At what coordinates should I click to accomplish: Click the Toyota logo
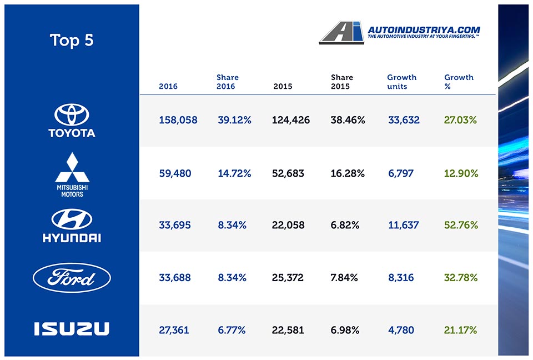72,121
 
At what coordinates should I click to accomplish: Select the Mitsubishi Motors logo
72,174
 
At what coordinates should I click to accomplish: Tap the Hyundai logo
72,226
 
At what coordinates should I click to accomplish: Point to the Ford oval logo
72,278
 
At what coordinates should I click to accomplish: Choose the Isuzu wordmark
72,329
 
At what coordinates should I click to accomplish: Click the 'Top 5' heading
72,41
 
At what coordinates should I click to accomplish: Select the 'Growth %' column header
459,82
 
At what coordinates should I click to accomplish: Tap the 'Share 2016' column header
228,82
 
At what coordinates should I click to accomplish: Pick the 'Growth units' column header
401,82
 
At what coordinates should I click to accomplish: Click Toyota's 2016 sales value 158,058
178,120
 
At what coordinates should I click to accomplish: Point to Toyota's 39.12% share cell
234,120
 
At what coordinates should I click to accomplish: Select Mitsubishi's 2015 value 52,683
288,174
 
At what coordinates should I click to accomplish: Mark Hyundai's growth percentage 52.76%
461,226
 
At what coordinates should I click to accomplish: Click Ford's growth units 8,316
401,278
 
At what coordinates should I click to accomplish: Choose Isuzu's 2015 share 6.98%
345,330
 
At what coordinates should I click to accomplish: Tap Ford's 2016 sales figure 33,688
175,278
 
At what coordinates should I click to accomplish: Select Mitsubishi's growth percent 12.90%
461,174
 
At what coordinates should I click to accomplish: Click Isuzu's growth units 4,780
401,330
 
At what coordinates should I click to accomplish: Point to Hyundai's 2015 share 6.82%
345,226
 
